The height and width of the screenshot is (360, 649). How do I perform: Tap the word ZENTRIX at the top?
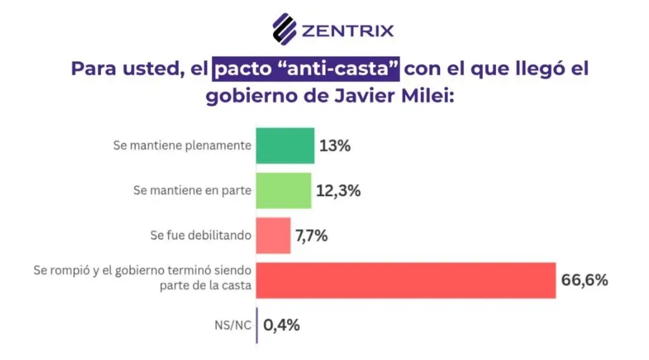348,30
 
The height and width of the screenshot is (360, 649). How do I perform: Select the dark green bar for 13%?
285,146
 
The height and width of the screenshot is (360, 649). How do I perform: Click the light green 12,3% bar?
283,191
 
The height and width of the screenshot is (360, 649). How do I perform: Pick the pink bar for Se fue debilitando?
273,235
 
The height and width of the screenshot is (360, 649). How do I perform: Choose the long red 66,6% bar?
406,280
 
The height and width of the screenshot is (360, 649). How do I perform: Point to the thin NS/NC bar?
257,325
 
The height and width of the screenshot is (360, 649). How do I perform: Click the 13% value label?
336,146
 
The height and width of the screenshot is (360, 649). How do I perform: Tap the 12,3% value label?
338,191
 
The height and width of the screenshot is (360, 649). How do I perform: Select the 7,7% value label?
311,235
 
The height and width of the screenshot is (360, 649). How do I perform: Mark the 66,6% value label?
585,280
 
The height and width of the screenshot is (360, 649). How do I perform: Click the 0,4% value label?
281,325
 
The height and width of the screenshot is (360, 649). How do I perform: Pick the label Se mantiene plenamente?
182,146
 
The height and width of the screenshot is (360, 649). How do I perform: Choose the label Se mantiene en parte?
192,191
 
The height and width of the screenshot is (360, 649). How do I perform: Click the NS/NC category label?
233,325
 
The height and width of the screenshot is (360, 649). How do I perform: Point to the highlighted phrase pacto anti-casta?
307,71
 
